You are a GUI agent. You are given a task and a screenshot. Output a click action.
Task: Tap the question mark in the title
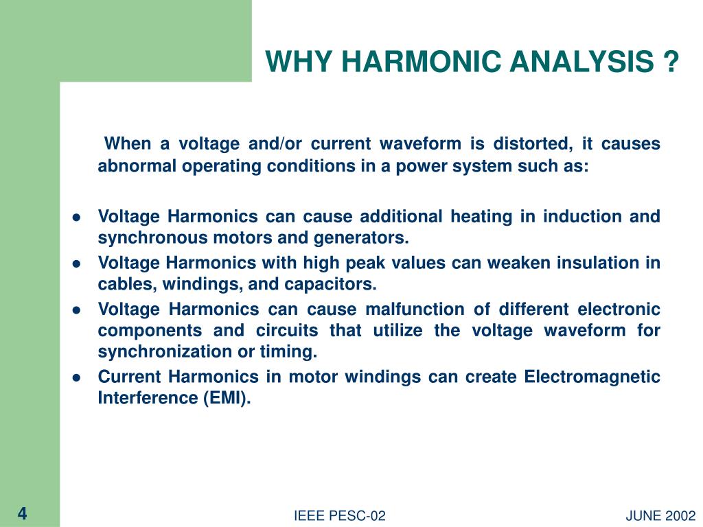pyautogui.click(x=671, y=63)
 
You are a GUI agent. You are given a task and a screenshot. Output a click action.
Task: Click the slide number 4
pyautogui.click(x=22, y=514)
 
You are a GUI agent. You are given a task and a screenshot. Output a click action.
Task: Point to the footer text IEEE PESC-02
pyautogui.click(x=340, y=516)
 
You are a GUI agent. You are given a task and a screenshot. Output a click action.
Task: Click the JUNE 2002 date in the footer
pyautogui.click(x=661, y=516)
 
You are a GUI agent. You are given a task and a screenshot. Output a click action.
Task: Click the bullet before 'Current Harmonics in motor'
pyautogui.click(x=78, y=377)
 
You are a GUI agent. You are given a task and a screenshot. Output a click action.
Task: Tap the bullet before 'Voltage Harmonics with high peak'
pyautogui.click(x=78, y=263)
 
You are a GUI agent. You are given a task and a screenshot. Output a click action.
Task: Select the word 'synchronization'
pyautogui.click(x=154, y=352)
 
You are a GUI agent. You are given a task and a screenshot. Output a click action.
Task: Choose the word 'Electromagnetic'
pyautogui.click(x=592, y=377)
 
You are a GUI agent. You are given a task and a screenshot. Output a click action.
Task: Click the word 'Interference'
pyautogui.click(x=148, y=399)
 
